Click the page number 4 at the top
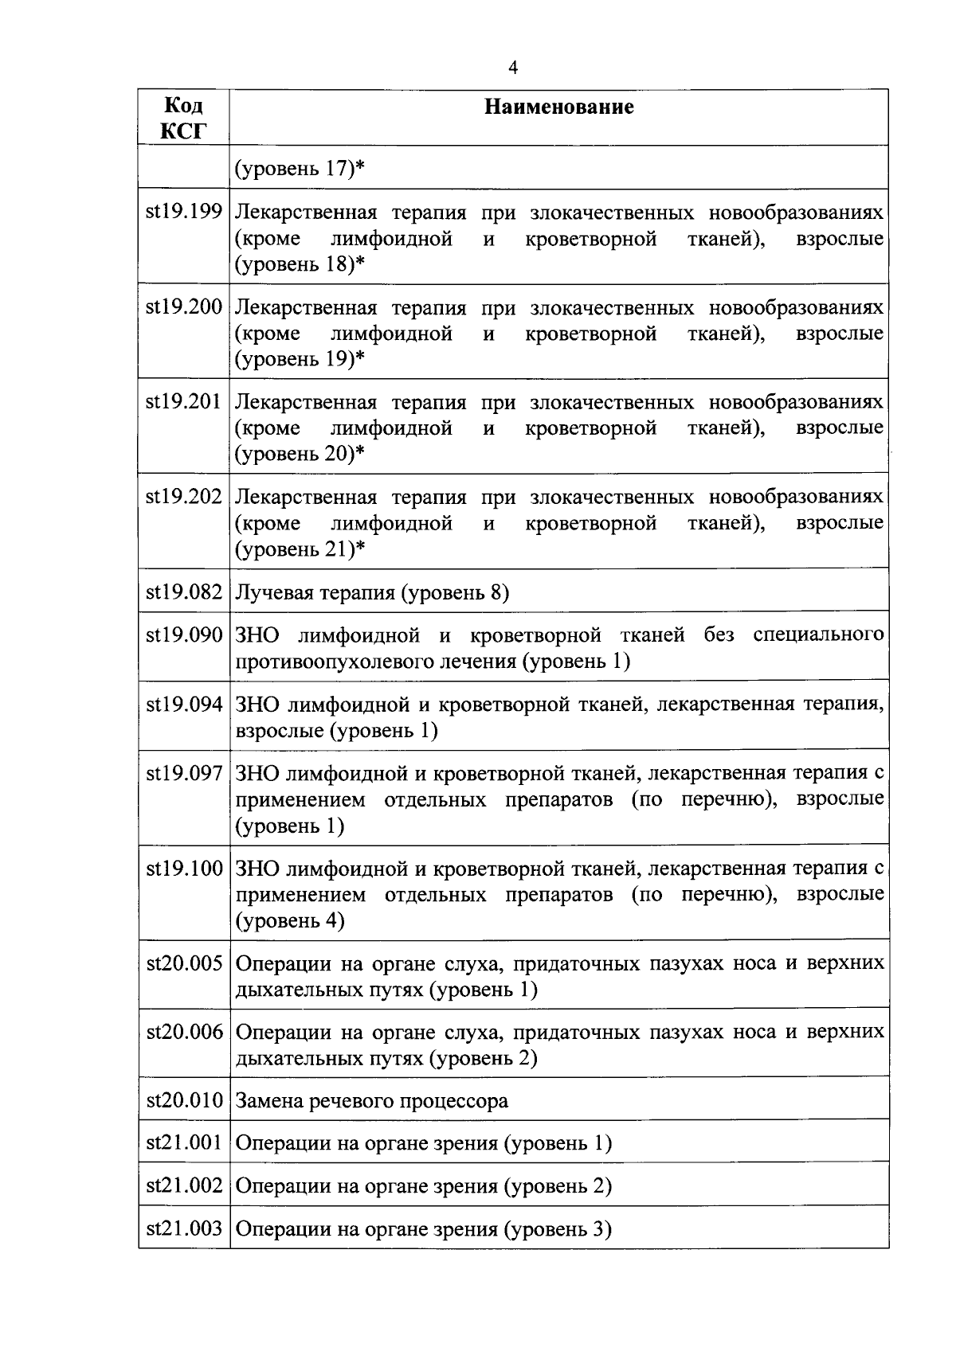click(513, 68)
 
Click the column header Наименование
click(559, 107)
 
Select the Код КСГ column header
click(183, 118)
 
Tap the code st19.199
click(184, 213)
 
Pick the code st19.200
click(184, 307)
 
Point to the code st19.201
click(184, 402)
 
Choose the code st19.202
click(184, 497)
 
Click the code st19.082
click(184, 592)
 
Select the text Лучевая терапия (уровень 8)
click(372, 593)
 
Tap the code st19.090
click(184, 635)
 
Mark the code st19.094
click(184, 705)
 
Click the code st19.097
click(184, 773)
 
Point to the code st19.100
click(184, 869)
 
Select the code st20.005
click(184, 964)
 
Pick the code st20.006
click(184, 1033)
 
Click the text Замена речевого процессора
click(372, 1102)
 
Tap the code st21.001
click(184, 1144)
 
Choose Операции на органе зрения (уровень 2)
click(424, 1187)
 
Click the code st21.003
click(184, 1229)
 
